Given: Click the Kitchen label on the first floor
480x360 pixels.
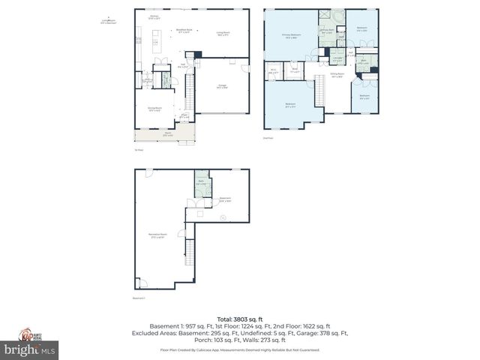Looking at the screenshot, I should click(x=154, y=16).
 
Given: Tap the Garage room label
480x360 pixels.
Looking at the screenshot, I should click(x=222, y=87).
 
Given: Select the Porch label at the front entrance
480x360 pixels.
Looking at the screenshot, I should click(x=166, y=135).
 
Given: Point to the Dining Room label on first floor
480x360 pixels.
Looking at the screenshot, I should click(x=154, y=109).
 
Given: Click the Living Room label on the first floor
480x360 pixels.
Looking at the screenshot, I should click(x=222, y=34).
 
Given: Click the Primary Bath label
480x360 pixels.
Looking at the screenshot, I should click(x=327, y=32).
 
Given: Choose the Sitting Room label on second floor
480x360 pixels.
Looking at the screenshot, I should click(x=337, y=75).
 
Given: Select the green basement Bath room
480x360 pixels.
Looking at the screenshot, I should click(x=201, y=187).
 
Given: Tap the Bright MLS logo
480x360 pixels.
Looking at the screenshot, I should click(x=29, y=350).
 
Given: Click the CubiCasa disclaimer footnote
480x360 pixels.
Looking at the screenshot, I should click(x=239, y=350).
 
